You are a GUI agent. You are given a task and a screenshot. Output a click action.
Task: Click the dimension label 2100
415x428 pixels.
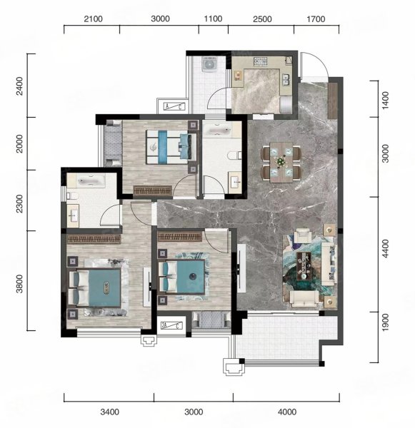click(94, 19)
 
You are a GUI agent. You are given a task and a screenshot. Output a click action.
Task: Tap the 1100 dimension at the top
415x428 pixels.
click(213, 19)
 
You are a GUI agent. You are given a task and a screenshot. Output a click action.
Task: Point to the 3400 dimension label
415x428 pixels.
click(109, 412)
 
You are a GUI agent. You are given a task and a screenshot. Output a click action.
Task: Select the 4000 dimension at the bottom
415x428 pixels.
click(287, 412)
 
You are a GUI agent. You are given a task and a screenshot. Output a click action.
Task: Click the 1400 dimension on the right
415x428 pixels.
click(385, 100)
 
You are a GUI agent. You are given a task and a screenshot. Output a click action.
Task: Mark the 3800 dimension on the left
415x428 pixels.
click(19, 284)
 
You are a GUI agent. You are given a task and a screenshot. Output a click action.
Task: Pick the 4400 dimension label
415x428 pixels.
click(385, 248)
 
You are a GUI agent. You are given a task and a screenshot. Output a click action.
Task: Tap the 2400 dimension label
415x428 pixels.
click(19, 86)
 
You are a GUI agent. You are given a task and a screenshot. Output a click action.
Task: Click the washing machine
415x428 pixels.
click(209, 64)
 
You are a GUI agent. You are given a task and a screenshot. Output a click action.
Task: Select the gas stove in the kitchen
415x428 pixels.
click(261, 61)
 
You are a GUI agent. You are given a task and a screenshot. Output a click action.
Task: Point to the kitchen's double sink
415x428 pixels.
click(286, 80)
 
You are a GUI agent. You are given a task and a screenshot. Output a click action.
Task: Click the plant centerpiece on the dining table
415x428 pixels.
click(281, 161)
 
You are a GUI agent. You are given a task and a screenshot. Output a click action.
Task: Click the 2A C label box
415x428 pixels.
click(171, 325)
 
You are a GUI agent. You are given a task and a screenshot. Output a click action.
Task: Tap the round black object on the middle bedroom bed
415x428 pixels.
click(192, 277)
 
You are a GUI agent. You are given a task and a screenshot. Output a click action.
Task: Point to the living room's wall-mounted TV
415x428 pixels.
click(240, 268)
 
